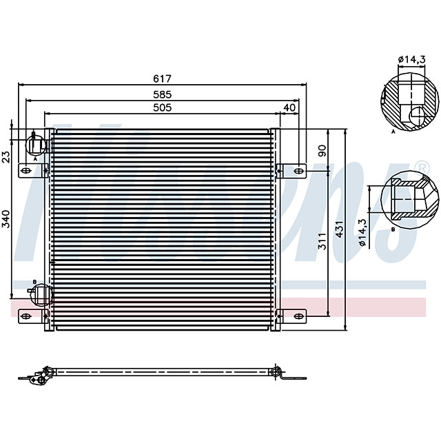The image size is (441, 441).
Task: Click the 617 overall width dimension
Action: click(163, 79)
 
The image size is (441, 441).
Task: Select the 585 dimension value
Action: click(163, 94)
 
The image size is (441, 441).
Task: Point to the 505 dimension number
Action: click(163, 107)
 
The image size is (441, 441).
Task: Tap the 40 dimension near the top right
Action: click(289, 107)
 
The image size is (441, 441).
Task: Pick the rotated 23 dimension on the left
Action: click(6, 157)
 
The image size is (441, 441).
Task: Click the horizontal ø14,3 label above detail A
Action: click(412, 60)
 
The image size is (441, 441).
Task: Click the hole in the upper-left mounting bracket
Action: click(25, 170)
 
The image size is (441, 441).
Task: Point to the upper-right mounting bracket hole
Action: click(298, 170)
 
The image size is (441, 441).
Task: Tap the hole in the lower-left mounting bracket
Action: click(25, 316)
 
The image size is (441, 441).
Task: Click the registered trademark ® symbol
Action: click(421, 167)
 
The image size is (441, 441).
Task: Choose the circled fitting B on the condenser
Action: click(42, 294)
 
